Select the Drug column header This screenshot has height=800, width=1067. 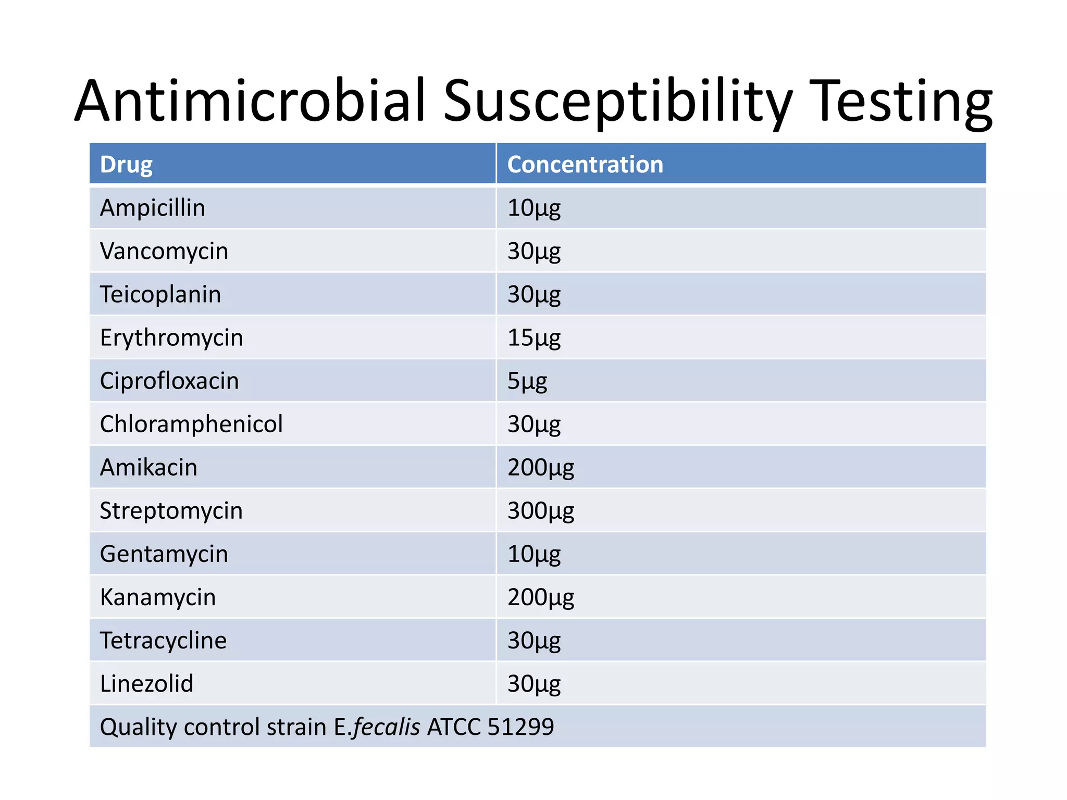pos(126,165)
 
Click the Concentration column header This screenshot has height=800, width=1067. pos(585,165)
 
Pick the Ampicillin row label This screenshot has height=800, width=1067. pos(153,208)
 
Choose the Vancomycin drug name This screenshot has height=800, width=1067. pos(164,251)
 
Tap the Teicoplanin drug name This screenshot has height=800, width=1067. pos(160,294)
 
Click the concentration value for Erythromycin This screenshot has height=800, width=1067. pos(534,338)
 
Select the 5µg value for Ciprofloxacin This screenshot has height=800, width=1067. pos(527,381)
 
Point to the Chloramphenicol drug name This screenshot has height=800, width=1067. pos(191,424)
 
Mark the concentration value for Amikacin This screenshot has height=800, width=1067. pos(541,468)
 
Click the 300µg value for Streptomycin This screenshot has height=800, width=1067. pos(541,511)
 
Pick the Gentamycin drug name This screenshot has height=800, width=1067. pos(164,554)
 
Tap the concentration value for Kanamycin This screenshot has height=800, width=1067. pos(541,597)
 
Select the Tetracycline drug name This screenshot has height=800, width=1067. pos(163,641)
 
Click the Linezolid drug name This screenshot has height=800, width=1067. pos(146,684)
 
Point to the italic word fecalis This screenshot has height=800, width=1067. pos(386,727)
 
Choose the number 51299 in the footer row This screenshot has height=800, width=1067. pos(520,727)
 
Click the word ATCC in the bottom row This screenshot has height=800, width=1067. pos(454,727)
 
